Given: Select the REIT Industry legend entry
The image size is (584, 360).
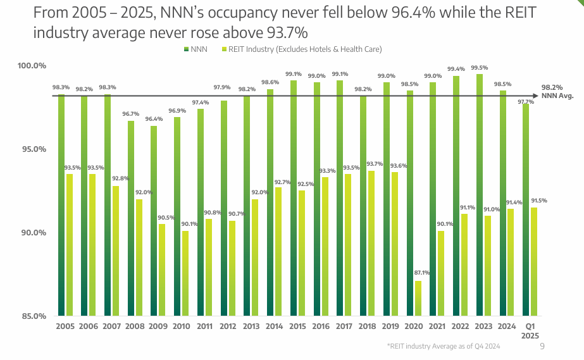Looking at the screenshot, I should (x=301, y=49).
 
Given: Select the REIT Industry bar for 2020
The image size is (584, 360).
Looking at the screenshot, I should (x=418, y=298).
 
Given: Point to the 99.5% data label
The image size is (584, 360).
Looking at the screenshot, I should (x=480, y=68).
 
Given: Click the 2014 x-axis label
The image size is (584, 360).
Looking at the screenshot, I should (x=274, y=326).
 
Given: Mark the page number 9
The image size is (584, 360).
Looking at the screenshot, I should (x=542, y=346).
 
